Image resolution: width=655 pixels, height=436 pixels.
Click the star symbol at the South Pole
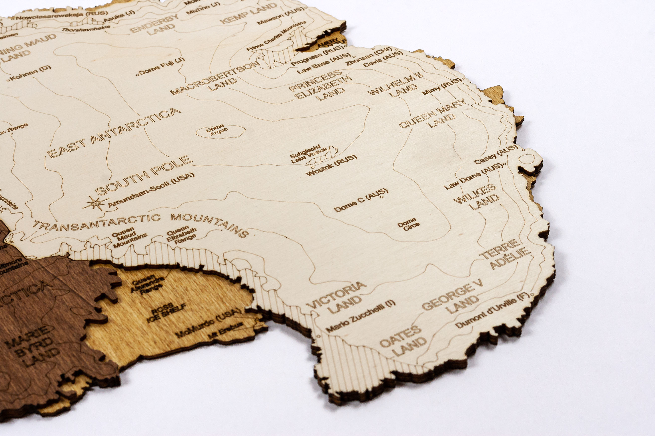[x=95, y=203]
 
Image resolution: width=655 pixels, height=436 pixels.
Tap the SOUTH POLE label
[x=144, y=175]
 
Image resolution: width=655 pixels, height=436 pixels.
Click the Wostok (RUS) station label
[x=331, y=165]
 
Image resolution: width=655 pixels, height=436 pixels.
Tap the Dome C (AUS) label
[x=361, y=200]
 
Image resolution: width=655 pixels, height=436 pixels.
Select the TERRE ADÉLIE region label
[x=505, y=254]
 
